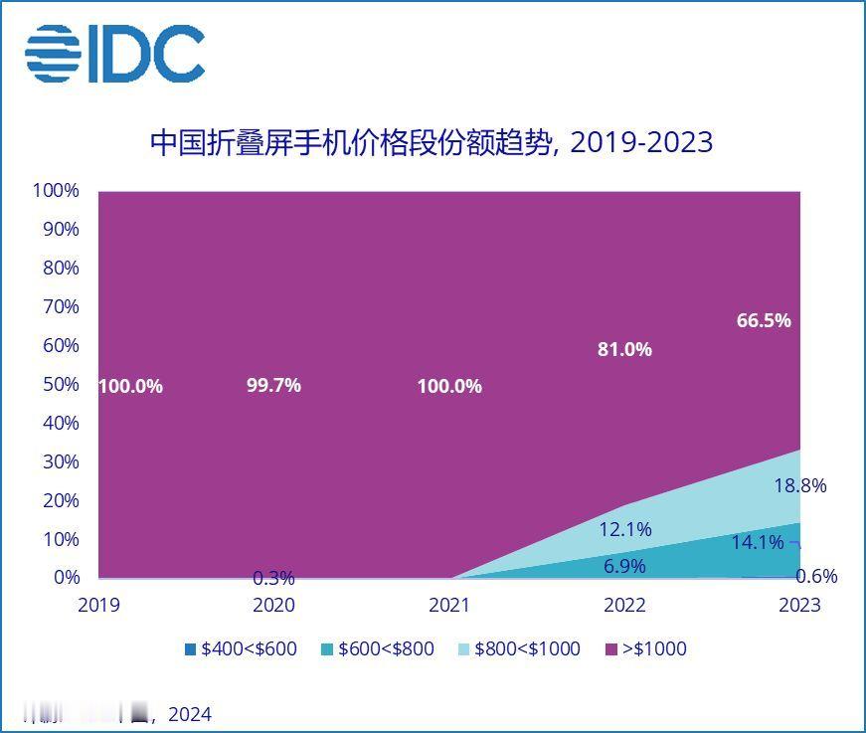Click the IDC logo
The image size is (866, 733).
tap(114, 53)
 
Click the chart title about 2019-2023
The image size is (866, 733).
tap(432, 142)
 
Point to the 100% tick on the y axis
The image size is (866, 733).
tap(56, 190)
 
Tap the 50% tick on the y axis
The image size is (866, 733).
tap(61, 384)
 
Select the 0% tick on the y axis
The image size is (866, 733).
tap(66, 577)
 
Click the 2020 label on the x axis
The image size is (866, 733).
tap(273, 605)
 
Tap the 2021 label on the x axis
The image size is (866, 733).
tap(448, 605)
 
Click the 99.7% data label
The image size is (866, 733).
tap(273, 385)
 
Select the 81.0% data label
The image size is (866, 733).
tap(623, 349)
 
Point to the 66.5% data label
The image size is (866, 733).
tap(764, 320)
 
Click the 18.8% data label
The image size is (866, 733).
tap(799, 485)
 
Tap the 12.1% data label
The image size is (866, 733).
tap(624, 530)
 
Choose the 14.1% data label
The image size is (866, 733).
tap(758, 543)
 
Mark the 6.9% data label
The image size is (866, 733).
tap(624, 566)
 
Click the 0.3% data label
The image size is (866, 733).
tap(273, 578)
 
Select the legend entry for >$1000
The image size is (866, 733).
tap(645, 649)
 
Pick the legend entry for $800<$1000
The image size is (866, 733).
tap(518, 649)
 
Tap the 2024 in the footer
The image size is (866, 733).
tap(189, 714)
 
